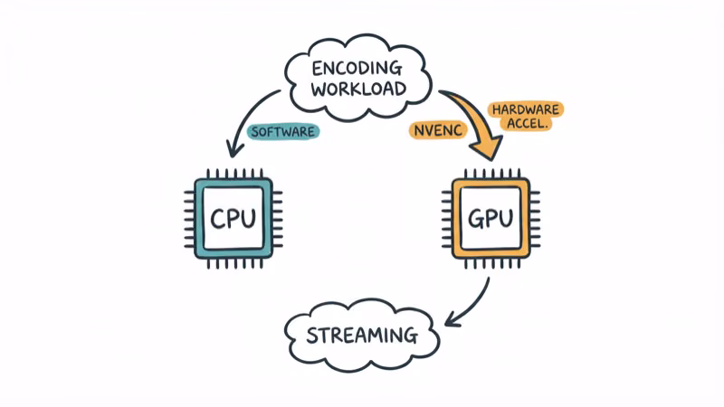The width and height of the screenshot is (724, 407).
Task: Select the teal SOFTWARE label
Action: [x=283, y=132]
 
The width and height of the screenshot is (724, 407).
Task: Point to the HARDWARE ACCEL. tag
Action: [x=526, y=117]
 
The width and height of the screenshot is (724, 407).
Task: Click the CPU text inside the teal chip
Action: [x=233, y=219]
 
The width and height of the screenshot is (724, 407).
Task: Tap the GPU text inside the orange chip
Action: [x=491, y=219]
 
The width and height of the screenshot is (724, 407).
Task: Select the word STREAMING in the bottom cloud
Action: [x=362, y=336]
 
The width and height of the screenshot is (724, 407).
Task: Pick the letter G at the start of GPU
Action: [x=474, y=219]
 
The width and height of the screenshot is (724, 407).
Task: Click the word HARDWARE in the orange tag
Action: [x=526, y=109]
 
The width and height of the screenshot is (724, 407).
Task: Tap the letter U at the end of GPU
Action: [x=508, y=219]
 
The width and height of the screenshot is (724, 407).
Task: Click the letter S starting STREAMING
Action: [x=313, y=336]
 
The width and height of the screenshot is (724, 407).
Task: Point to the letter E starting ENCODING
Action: [x=317, y=68]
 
